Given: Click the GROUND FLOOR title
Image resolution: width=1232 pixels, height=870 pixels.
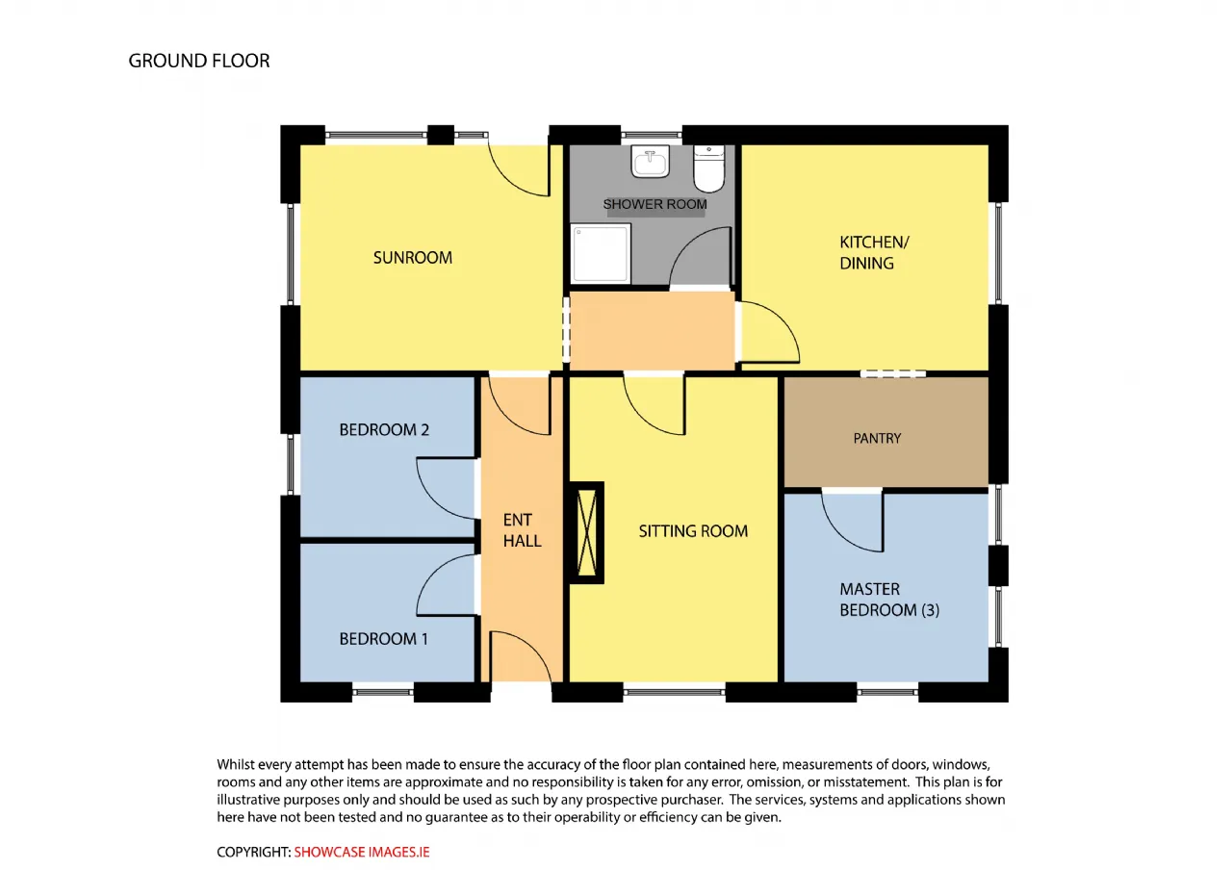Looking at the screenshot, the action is pyautogui.click(x=199, y=61).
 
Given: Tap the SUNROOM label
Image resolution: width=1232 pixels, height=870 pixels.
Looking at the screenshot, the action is pyautogui.click(x=413, y=257).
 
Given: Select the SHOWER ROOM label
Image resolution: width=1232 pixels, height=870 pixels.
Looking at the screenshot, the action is pyautogui.click(x=655, y=204).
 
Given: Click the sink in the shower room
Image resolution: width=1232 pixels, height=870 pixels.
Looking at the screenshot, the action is pyautogui.click(x=650, y=161).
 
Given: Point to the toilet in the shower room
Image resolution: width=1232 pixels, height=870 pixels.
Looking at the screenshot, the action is pyautogui.click(x=709, y=168).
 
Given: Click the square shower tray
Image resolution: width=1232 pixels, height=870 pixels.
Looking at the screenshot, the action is pyautogui.click(x=601, y=253).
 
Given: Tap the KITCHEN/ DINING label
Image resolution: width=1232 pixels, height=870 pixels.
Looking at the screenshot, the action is pyautogui.click(x=874, y=252).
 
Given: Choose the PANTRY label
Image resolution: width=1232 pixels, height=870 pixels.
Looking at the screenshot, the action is pyautogui.click(x=877, y=438).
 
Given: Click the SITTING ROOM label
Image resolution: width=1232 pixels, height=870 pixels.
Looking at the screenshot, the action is pyautogui.click(x=693, y=530).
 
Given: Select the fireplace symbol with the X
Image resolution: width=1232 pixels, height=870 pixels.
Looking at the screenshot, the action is pyautogui.click(x=586, y=532).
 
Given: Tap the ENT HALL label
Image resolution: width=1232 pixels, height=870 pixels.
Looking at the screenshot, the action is pyautogui.click(x=522, y=530).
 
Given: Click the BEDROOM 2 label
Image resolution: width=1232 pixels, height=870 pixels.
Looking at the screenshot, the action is pyautogui.click(x=384, y=429).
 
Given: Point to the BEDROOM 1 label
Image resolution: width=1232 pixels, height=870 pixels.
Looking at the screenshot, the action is pyautogui.click(x=383, y=638).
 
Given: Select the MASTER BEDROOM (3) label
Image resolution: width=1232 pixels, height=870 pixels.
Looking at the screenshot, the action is pyautogui.click(x=889, y=600).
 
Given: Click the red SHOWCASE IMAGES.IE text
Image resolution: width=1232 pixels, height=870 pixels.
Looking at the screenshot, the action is pyautogui.click(x=361, y=852).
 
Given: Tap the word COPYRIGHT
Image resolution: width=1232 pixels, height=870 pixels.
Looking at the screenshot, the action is pyautogui.click(x=253, y=852).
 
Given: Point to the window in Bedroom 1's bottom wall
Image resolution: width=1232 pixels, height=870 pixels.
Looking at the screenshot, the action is pyautogui.click(x=383, y=692).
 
